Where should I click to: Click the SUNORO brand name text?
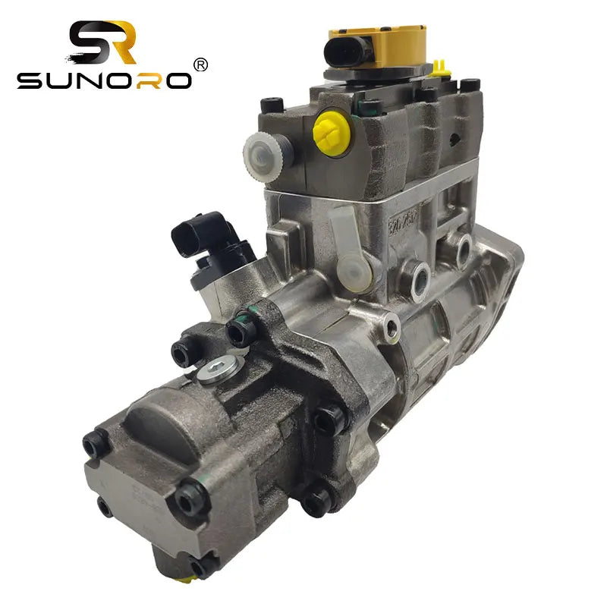(104, 80)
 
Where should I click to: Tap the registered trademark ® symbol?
(200, 64)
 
